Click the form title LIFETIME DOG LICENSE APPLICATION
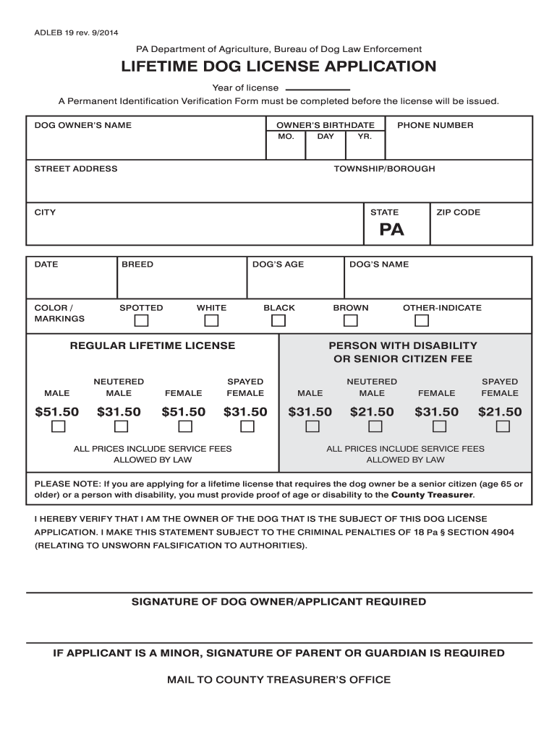point(278,67)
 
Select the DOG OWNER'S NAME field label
point(83,125)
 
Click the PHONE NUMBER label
point(435,125)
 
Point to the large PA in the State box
point(392,231)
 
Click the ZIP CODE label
point(458,212)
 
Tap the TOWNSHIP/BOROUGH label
point(384,168)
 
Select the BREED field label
point(137,264)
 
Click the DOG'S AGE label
point(278,264)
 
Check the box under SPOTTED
point(141,320)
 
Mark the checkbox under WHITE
point(211,320)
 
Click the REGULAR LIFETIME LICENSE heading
point(152,345)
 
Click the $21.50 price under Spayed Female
point(500,412)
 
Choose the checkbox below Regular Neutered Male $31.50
point(119,426)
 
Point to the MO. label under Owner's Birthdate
point(286,136)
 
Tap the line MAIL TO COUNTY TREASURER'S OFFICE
point(278,679)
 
